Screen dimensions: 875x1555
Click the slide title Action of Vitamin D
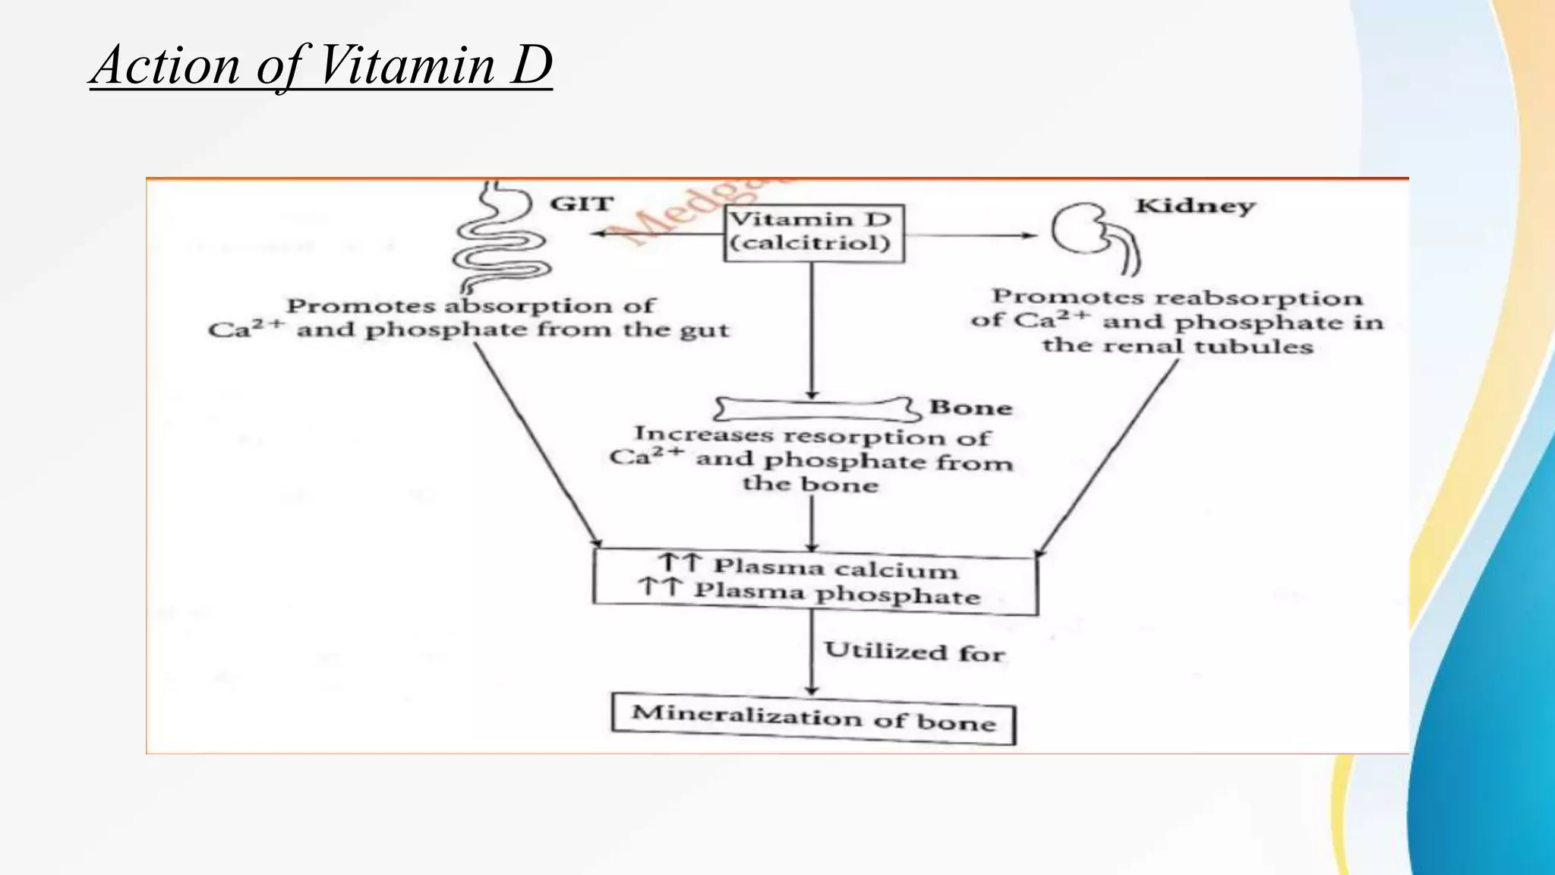(x=321, y=65)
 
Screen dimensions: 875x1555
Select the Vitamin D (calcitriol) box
(x=813, y=232)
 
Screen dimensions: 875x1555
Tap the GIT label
(x=582, y=204)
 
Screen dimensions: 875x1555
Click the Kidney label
(x=1195, y=206)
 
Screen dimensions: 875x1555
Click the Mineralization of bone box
(x=813, y=718)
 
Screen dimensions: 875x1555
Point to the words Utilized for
(x=914, y=652)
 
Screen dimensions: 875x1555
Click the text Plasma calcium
(x=835, y=568)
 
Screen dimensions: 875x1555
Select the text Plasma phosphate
(x=837, y=593)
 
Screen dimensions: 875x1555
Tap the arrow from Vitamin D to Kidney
(x=972, y=235)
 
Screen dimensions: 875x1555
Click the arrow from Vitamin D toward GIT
(x=657, y=233)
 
